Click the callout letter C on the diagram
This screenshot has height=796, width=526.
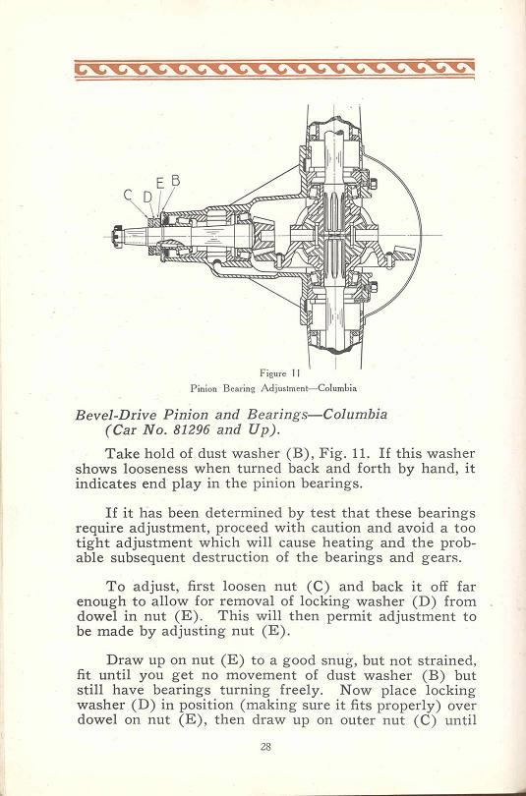(128, 195)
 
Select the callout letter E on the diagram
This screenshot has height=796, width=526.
(160, 184)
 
